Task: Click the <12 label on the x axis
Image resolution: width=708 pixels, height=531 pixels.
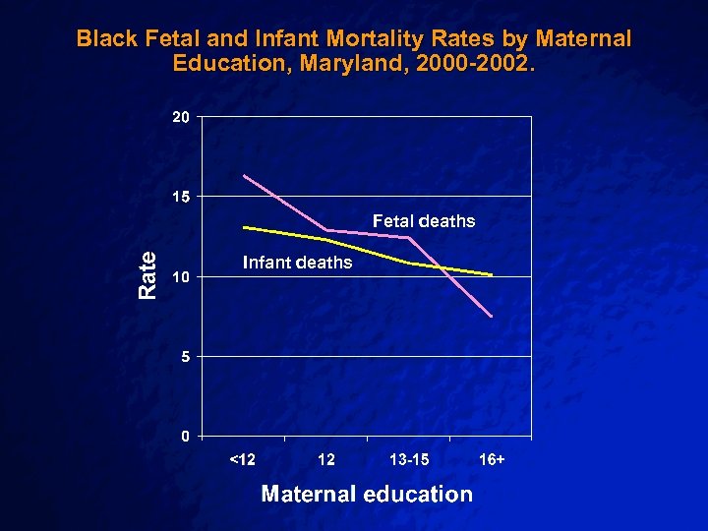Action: [242, 459]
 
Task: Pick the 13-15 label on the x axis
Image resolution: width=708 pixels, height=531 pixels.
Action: [409, 459]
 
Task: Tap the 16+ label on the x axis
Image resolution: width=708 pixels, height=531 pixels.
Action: [492, 459]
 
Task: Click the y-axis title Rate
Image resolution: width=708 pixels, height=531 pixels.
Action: [147, 275]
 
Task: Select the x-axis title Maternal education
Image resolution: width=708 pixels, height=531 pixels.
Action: [367, 494]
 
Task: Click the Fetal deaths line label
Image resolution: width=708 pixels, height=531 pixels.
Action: [423, 221]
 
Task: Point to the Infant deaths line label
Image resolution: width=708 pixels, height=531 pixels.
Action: [297, 263]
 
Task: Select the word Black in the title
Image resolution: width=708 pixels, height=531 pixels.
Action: [105, 39]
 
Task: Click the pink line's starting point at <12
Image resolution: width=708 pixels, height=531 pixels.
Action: [244, 175]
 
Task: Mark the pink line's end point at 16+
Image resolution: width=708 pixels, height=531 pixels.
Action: [491, 316]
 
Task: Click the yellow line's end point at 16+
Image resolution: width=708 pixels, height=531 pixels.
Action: [491, 275]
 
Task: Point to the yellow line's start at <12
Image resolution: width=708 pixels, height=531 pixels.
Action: [244, 227]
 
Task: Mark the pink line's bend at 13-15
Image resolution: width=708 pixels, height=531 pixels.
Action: [408, 238]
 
